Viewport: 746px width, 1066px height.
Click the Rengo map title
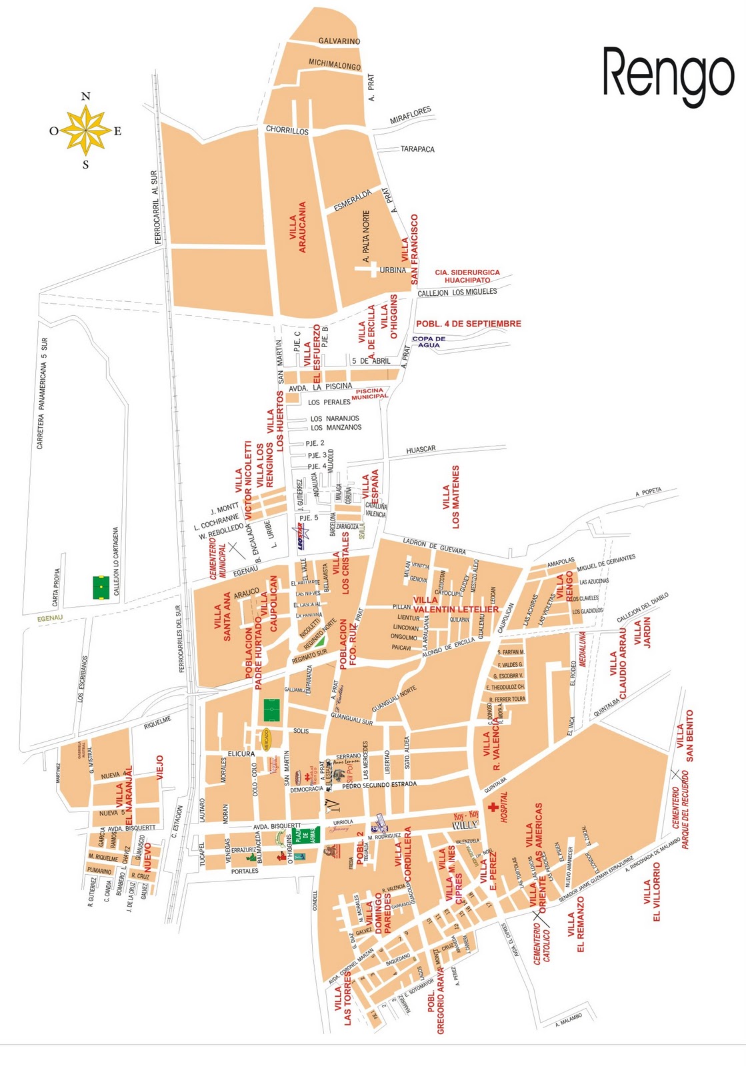pos(668,75)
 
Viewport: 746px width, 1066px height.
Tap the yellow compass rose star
pos(85,131)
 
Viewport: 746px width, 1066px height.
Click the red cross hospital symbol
pos(493,808)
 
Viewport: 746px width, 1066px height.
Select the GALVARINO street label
pos(339,41)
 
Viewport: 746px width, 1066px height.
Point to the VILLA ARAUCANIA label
pos(298,227)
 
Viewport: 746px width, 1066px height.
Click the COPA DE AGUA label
pos(429,342)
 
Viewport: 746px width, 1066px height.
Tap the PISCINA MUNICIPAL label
pos(370,394)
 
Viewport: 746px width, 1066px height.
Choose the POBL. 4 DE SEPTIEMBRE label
pos(468,324)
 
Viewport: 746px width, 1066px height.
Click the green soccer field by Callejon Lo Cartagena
pos(101,588)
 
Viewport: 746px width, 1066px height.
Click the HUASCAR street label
pos(421,450)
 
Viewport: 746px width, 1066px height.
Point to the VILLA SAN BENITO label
pos(685,736)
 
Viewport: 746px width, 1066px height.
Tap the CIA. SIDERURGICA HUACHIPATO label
pos(467,276)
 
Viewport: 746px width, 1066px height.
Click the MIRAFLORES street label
pos(410,115)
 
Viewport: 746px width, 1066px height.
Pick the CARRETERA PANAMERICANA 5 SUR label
pos(41,393)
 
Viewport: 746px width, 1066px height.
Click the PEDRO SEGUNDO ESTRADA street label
pos(379,785)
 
